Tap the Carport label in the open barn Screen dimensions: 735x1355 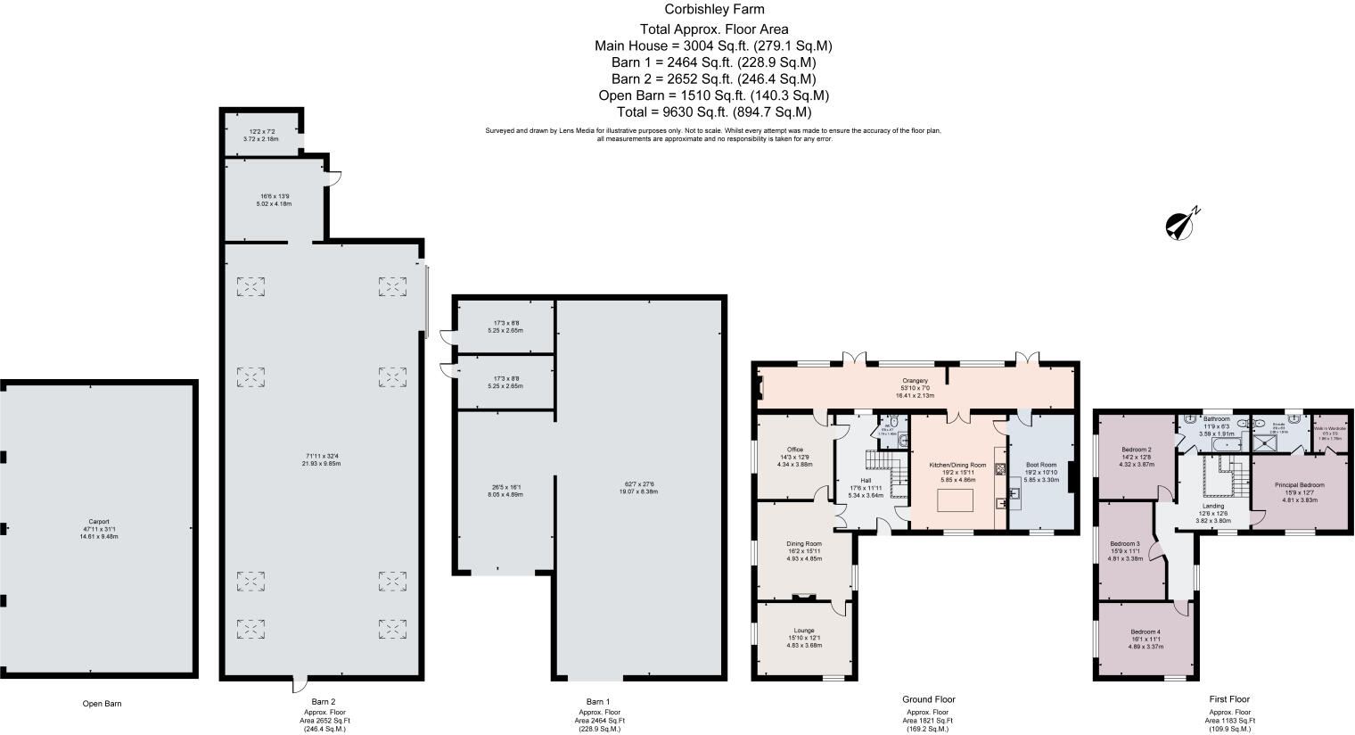coord(98,522)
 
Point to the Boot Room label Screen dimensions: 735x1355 coord(1040,465)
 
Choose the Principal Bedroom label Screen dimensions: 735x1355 coord(1299,485)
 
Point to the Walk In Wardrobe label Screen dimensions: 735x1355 coord(1329,427)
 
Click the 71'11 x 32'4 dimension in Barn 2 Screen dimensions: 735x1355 coord(324,456)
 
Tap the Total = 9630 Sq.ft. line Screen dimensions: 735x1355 coord(712,112)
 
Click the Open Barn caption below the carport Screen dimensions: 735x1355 coord(102,704)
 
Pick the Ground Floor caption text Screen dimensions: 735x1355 coord(930,699)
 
